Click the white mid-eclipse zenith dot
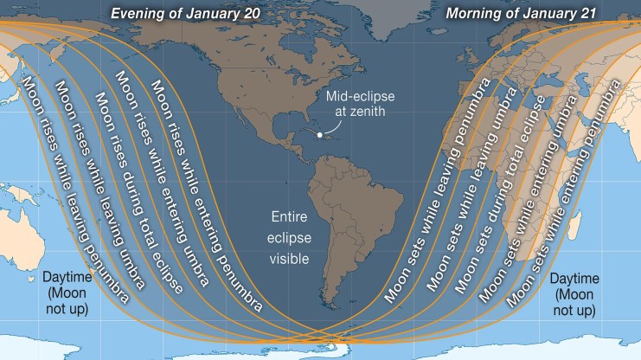319,134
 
